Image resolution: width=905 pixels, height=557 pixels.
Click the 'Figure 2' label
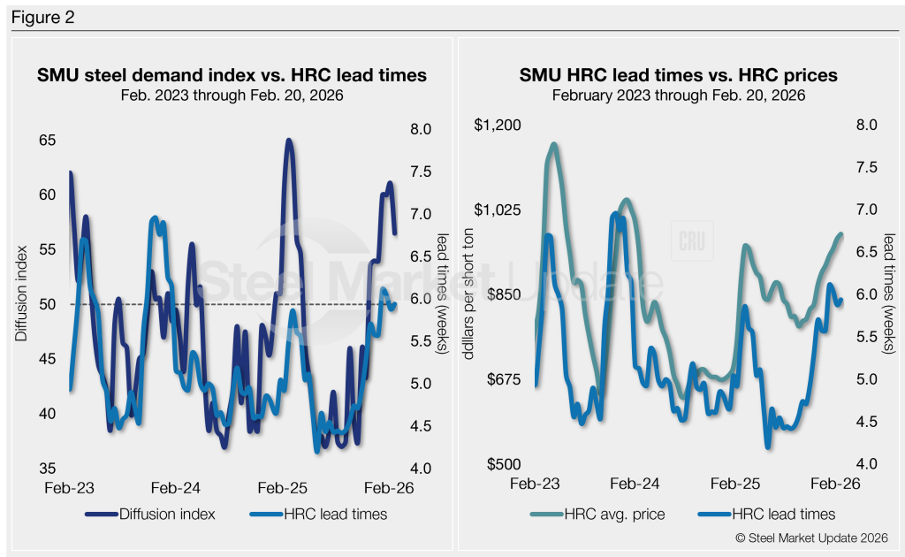click(x=39, y=17)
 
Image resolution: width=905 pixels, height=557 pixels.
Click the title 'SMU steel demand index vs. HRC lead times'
click(x=232, y=75)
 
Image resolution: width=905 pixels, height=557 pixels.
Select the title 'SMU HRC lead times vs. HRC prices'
click(x=678, y=76)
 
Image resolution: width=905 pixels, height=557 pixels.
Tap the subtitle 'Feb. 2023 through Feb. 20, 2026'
click(x=232, y=95)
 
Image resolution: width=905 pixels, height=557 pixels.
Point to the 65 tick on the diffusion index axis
click(x=47, y=140)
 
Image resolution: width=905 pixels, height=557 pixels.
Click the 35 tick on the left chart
click(x=47, y=469)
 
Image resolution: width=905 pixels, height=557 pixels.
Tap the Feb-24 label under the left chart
click(x=175, y=488)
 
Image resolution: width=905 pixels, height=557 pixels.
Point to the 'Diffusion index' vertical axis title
click(x=20, y=305)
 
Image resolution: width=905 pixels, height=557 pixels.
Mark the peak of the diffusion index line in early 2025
click(x=288, y=141)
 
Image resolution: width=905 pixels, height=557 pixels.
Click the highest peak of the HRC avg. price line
click(x=554, y=144)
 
